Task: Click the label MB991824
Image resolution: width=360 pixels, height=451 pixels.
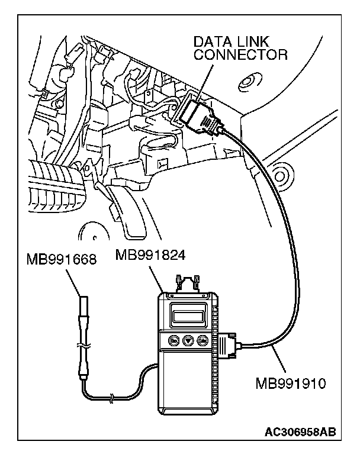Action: coord(150,256)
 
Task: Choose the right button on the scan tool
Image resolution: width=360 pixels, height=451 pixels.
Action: coord(201,342)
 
